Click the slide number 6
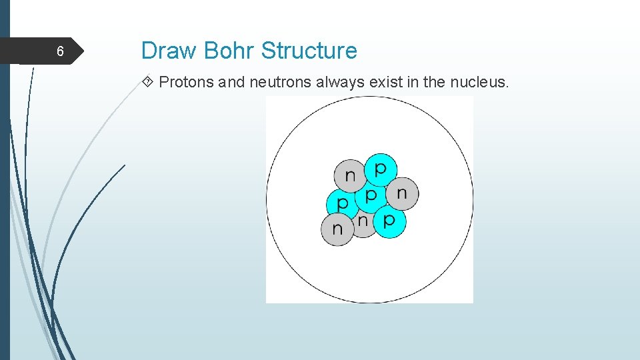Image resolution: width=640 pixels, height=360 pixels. click(x=59, y=52)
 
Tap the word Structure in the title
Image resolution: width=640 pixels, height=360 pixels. click(x=309, y=51)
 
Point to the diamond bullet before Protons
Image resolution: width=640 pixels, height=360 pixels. click(x=149, y=83)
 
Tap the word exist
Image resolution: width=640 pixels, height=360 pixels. click(x=383, y=83)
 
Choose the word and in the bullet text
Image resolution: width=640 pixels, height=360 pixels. click(x=232, y=83)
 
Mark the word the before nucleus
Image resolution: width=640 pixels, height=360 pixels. click(x=435, y=83)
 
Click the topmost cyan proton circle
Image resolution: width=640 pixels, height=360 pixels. click(x=380, y=168)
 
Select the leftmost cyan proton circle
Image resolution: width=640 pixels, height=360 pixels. click(x=341, y=203)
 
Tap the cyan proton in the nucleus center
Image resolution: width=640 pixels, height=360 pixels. click(x=370, y=196)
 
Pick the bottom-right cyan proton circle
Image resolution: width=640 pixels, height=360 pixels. click(x=389, y=221)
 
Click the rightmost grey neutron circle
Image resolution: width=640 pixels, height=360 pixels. click(x=402, y=193)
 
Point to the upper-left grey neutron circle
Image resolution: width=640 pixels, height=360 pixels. click(x=349, y=176)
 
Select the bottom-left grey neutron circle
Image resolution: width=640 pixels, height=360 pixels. click(x=337, y=229)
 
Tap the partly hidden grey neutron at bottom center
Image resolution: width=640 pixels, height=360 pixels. click(x=362, y=223)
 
